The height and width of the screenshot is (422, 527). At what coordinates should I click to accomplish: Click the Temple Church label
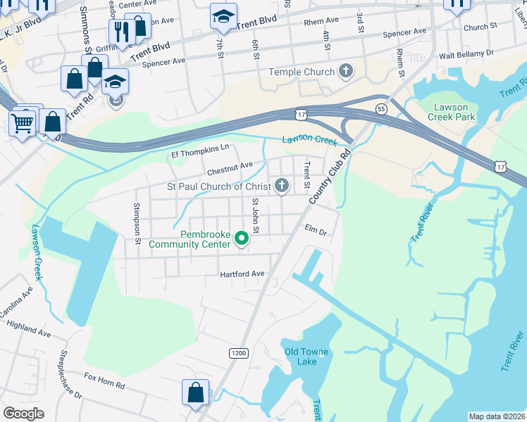(x=302, y=72)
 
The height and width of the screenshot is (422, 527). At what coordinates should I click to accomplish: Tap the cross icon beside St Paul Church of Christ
(x=281, y=186)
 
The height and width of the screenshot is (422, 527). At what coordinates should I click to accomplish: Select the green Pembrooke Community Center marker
(x=242, y=239)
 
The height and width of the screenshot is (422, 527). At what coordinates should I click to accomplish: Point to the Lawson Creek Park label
(x=451, y=112)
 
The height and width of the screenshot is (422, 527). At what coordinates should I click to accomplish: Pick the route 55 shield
(x=381, y=109)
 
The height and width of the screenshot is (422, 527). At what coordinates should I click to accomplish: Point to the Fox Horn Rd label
(x=104, y=385)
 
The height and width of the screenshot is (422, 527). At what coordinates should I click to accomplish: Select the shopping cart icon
(x=23, y=123)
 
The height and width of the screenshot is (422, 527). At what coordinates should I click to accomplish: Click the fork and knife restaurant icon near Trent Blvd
(x=120, y=31)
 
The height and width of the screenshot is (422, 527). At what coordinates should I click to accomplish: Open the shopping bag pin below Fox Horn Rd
(x=196, y=391)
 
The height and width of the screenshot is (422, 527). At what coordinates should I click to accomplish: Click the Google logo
(x=23, y=414)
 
